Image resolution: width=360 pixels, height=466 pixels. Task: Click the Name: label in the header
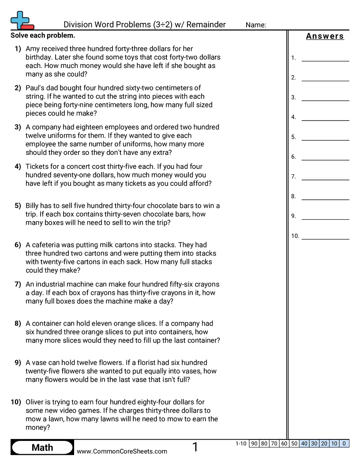[x=256, y=25]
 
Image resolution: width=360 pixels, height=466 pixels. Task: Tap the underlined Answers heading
[x=325, y=36]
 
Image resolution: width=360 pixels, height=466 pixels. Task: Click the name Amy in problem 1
[x=33, y=49]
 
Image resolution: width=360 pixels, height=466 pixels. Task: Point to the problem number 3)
[x=18, y=127]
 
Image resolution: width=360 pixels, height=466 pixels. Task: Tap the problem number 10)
[x=16, y=402]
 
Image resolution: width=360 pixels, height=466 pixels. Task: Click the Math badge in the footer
[x=42, y=448]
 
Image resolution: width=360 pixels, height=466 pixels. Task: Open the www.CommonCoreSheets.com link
[x=122, y=451]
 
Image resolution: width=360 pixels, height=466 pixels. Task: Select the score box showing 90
[x=254, y=443]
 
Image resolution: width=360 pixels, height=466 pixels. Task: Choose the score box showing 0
[x=344, y=443]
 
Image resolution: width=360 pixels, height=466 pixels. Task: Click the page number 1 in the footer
[x=195, y=447]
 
